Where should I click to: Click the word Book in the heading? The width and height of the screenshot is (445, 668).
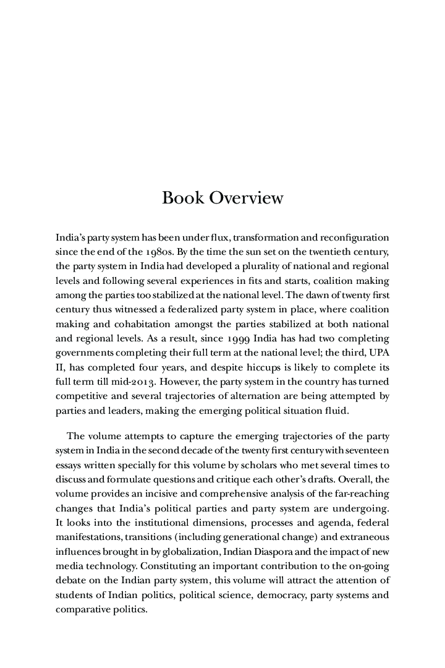click(183, 198)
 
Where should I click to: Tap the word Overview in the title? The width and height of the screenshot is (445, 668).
click(246, 198)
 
